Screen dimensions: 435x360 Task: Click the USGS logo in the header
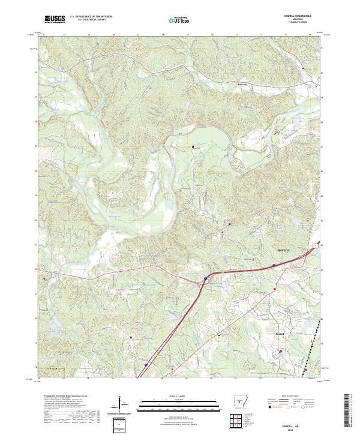click(x=55, y=19)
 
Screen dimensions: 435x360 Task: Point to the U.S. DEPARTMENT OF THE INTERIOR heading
click(x=93, y=17)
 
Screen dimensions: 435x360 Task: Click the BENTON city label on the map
click(x=284, y=251)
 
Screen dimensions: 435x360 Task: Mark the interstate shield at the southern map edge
click(x=145, y=364)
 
